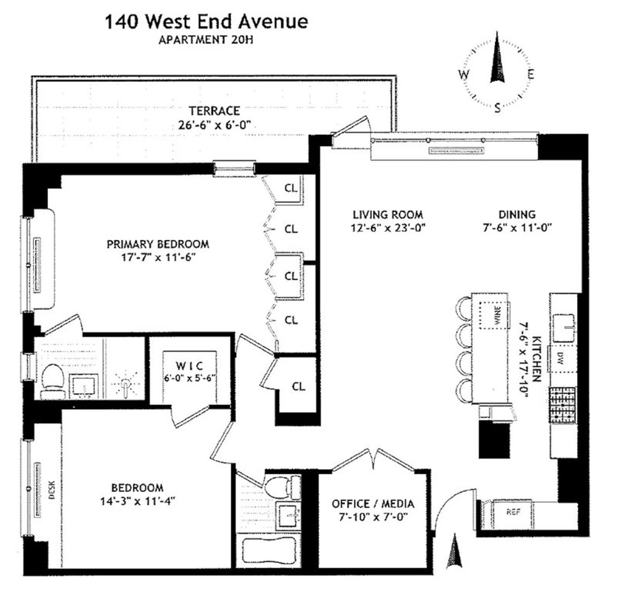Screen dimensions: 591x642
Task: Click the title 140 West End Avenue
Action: point(206,22)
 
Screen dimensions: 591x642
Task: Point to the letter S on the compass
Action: point(498,108)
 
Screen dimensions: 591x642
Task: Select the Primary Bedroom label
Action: point(158,244)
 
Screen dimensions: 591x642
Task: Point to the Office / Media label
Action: point(373,504)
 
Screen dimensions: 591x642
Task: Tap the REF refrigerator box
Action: point(514,512)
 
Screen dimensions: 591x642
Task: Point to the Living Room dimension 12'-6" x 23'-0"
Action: point(388,227)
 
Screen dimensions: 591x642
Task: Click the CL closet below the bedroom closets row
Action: point(299,386)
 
